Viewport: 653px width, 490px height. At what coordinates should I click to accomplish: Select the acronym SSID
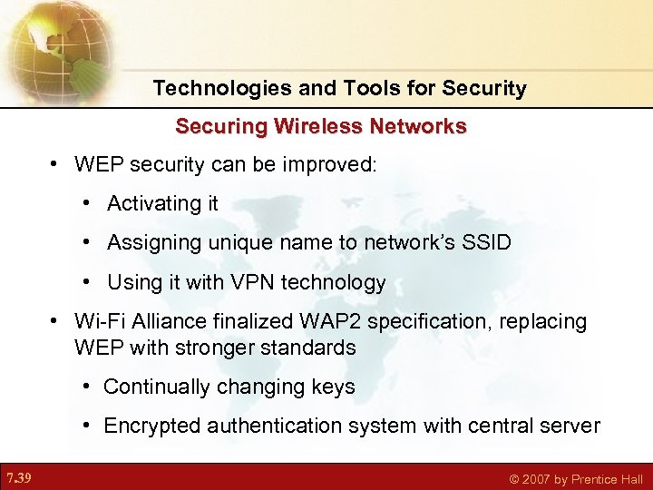487,243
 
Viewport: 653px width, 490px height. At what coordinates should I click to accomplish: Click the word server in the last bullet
572,426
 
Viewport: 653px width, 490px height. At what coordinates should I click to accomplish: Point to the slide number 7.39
18,477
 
